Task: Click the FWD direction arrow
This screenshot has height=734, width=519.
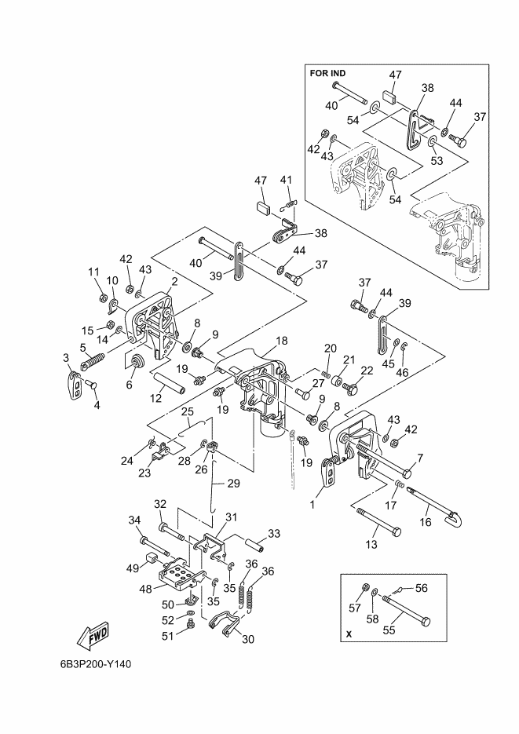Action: pyautogui.click(x=93, y=637)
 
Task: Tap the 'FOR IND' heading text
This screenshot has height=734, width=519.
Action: pyautogui.click(x=327, y=74)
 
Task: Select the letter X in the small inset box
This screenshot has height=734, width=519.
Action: pyautogui.click(x=348, y=635)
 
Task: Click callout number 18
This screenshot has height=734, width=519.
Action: pyautogui.click(x=281, y=341)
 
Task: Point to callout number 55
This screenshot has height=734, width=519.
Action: pyautogui.click(x=389, y=630)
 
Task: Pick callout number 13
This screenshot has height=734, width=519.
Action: pyautogui.click(x=371, y=544)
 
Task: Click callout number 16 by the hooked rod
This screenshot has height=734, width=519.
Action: pyautogui.click(x=426, y=521)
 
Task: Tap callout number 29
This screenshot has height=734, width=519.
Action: pyautogui.click(x=233, y=484)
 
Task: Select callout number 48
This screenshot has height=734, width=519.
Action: pyautogui.click(x=146, y=589)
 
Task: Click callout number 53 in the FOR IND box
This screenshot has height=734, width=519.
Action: pyautogui.click(x=437, y=161)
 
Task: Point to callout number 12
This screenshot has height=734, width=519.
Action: pyautogui.click(x=155, y=398)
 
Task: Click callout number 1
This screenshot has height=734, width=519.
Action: pyautogui.click(x=312, y=505)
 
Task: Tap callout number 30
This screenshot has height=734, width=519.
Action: pyautogui.click(x=248, y=638)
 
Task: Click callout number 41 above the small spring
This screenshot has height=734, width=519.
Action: pyautogui.click(x=286, y=180)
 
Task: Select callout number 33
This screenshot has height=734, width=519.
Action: pyautogui.click(x=274, y=533)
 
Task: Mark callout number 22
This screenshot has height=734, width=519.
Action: pyautogui.click(x=367, y=370)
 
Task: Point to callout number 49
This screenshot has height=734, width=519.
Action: pyautogui.click(x=133, y=568)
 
